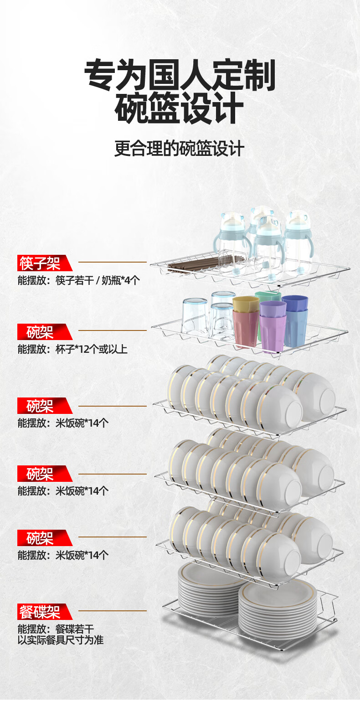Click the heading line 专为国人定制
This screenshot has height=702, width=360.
coord(180,75)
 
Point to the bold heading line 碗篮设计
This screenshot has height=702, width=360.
coord(179,108)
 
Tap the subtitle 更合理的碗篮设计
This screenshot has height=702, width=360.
coord(179,149)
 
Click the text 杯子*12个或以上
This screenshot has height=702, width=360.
coord(92,349)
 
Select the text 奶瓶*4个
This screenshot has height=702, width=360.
coord(121,280)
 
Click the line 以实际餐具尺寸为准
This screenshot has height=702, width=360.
coord(61,640)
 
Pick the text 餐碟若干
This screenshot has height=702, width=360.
coord(75,629)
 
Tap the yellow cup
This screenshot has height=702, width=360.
coord(246,305)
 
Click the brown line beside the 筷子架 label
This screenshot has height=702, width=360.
coord(113,262)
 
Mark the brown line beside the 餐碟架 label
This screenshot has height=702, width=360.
coord(113,610)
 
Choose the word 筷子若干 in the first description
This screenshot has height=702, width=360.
coord(75,280)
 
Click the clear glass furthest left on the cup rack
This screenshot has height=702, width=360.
coord(195,316)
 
